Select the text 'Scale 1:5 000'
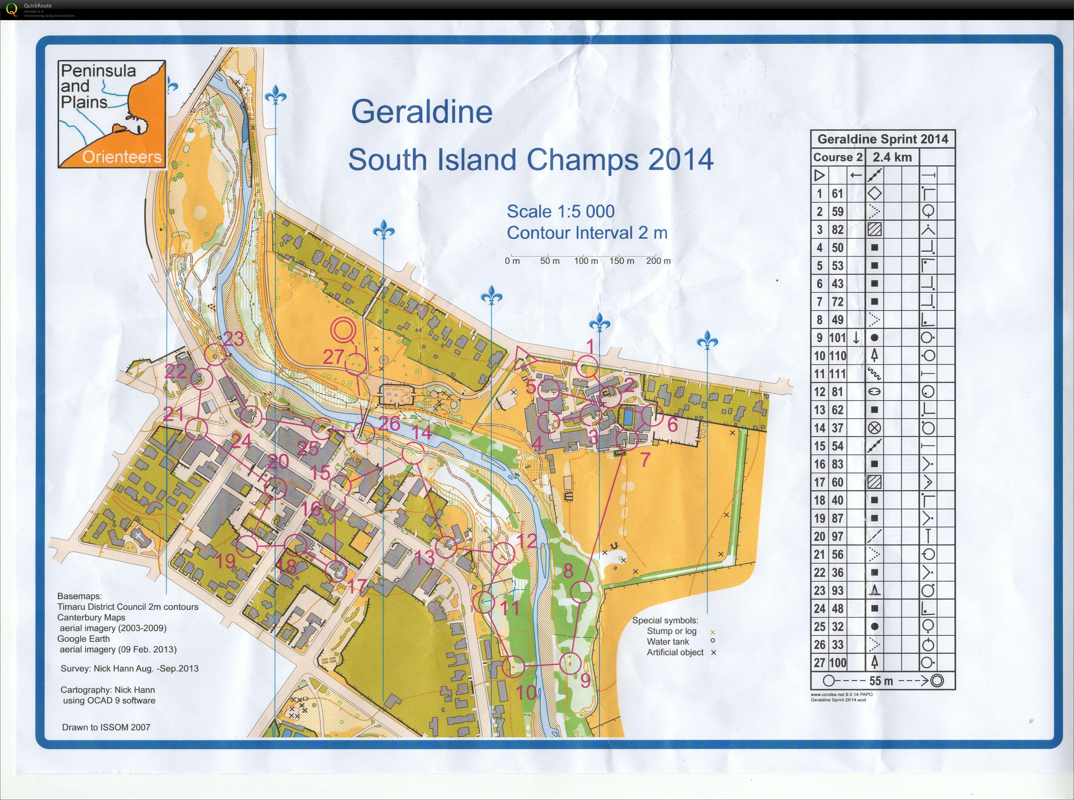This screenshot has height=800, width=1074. [560, 212]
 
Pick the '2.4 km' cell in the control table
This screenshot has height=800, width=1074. [892, 157]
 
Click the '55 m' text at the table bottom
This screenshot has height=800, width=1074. [881, 681]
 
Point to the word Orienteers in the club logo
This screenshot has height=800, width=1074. [122, 157]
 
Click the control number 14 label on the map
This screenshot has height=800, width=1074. [422, 432]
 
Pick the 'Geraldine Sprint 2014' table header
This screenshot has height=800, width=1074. [882, 139]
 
